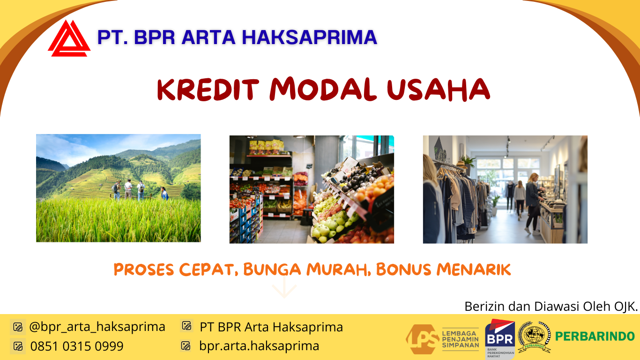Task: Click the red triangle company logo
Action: [69, 38]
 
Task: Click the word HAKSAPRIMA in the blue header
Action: [309, 37]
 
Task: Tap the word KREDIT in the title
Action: [208, 89]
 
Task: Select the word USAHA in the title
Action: [439, 89]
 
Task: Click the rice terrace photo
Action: [118, 188]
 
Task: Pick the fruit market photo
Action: [312, 189]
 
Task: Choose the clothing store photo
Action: [505, 189]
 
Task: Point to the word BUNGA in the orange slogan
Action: [272, 269]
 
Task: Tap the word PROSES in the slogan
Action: [144, 270]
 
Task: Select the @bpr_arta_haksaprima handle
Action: [97, 327]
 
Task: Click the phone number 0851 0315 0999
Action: [77, 346]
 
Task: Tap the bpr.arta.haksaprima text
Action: [259, 346]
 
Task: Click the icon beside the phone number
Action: [18, 346]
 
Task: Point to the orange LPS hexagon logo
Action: [423, 339]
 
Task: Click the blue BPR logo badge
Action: [500, 339]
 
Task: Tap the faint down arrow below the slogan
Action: [284, 287]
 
